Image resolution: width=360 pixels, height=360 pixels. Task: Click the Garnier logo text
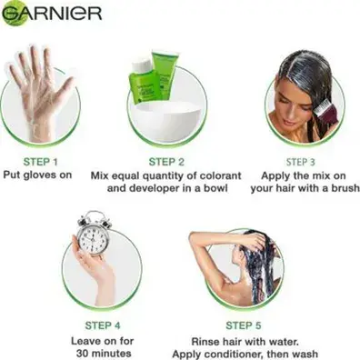point(52,13)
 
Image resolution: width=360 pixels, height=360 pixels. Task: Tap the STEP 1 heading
point(40,162)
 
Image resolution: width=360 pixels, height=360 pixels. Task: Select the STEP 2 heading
point(166,162)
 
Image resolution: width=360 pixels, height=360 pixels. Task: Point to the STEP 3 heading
point(301,162)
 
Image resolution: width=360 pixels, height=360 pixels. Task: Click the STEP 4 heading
point(103,325)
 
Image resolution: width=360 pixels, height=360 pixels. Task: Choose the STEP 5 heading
point(244,325)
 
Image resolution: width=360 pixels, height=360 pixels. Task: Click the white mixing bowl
point(168,121)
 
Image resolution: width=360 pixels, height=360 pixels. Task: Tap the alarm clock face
point(94,237)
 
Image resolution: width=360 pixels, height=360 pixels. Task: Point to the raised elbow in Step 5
point(194,238)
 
